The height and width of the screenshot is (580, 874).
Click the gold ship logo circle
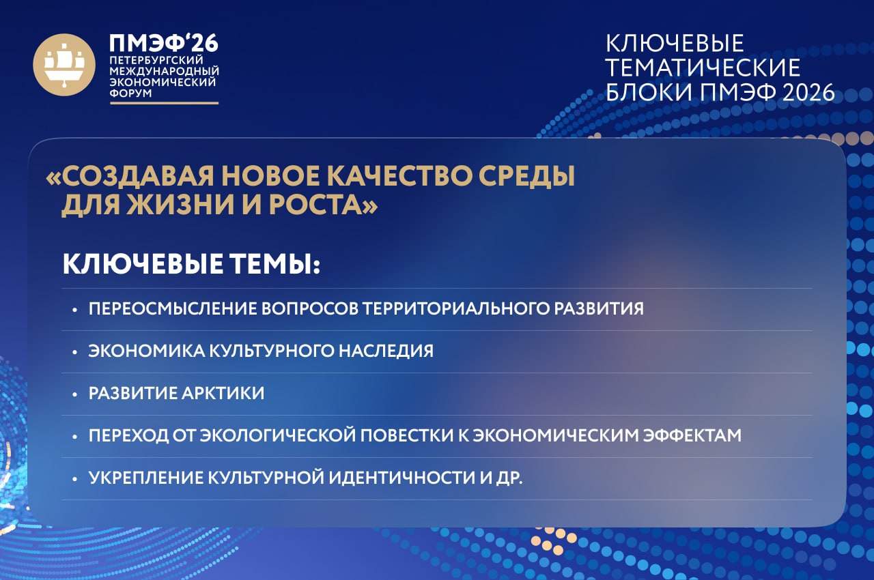click(64, 65)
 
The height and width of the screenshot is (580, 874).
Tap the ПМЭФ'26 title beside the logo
click(163, 43)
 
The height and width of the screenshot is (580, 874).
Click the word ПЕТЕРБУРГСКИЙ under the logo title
click(156, 61)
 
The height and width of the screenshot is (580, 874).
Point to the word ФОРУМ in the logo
click(130, 93)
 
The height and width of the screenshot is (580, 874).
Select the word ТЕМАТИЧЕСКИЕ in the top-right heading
click(703, 68)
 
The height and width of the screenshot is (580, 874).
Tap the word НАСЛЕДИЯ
click(386, 351)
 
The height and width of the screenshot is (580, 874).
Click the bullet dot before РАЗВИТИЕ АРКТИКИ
click(75, 395)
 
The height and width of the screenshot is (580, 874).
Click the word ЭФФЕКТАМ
click(692, 435)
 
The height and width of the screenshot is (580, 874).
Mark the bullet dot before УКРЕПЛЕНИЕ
click(75, 480)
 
